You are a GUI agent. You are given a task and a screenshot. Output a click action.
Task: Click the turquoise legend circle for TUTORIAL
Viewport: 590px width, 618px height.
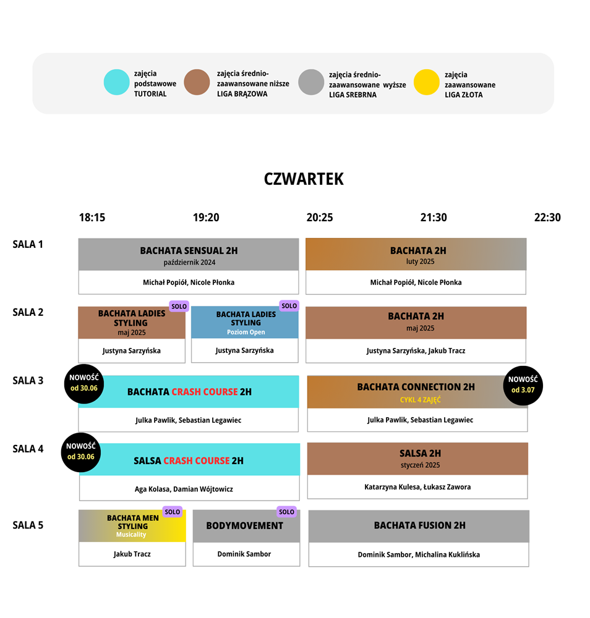pos(116,82)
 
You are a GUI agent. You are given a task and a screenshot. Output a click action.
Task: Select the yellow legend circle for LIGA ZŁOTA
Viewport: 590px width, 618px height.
pos(426,82)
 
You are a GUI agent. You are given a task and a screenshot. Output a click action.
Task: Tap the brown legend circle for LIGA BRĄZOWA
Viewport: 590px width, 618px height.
pos(197,82)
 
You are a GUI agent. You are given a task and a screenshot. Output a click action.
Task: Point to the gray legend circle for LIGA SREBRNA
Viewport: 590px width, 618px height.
pos(311,82)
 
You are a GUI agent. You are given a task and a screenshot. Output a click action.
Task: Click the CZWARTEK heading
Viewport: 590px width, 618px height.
pos(304,179)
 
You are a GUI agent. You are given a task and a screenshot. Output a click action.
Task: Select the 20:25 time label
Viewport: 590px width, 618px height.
pos(320,218)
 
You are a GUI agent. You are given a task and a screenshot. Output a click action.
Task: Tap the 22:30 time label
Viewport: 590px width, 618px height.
pos(547,218)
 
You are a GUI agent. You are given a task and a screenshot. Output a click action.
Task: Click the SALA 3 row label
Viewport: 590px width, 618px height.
pos(28,381)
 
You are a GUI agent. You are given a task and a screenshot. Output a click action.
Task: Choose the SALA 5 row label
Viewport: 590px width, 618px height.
pos(28,525)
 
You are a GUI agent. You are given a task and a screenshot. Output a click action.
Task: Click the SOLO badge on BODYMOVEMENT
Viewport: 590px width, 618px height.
pos(287,512)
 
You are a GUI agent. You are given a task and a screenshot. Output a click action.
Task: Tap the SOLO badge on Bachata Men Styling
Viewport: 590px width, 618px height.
pos(173,512)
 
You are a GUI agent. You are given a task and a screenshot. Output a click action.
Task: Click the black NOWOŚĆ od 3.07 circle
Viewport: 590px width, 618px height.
pos(523,385)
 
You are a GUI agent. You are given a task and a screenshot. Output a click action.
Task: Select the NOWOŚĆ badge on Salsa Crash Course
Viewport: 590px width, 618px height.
pos(81,452)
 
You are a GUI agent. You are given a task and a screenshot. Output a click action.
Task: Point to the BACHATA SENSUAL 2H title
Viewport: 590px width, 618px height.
pos(189,251)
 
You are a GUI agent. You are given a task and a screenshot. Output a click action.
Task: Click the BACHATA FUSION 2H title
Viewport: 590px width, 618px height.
pos(420,525)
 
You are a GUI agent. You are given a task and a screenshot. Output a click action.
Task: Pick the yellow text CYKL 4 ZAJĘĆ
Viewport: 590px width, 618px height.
pos(421,400)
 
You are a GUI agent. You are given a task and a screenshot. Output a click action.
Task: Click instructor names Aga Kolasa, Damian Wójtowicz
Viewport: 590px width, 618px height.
pos(184,489)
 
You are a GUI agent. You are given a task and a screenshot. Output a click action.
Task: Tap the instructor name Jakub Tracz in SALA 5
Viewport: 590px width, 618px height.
pos(132,554)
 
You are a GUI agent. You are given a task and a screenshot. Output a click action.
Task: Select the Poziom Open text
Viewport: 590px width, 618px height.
pos(246,332)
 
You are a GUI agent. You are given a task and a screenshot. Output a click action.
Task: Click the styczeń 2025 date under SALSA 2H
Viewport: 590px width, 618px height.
pos(421,465)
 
